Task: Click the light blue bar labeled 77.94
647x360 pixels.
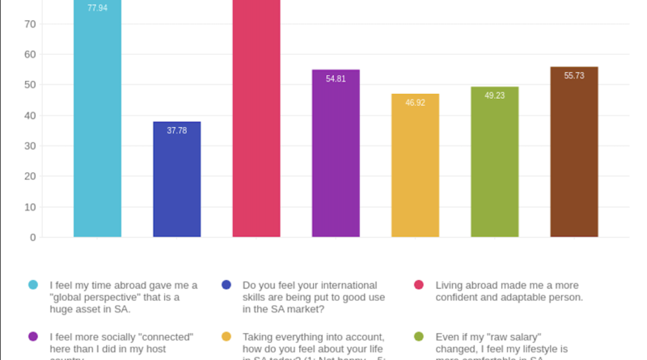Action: tap(97, 121)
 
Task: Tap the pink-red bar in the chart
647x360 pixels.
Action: tap(256, 121)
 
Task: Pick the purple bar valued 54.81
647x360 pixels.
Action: tap(336, 154)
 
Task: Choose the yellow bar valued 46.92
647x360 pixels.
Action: tap(415, 166)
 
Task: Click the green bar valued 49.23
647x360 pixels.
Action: tap(494, 162)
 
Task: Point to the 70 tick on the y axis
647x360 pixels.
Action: tap(30, 24)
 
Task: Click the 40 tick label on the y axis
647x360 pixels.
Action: tap(30, 116)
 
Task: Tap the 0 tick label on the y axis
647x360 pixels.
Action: tap(32, 238)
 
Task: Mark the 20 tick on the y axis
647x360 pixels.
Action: tap(30, 176)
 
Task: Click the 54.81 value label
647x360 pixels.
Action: tap(336, 79)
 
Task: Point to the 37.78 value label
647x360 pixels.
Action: tap(177, 130)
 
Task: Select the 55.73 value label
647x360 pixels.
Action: tap(574, 76)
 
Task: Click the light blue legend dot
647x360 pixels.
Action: tap(33, 285)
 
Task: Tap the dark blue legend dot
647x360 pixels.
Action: tap(226, 285)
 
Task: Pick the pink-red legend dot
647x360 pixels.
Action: tap(419, 285)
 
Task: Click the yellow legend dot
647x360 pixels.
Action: tap(226, 337)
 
